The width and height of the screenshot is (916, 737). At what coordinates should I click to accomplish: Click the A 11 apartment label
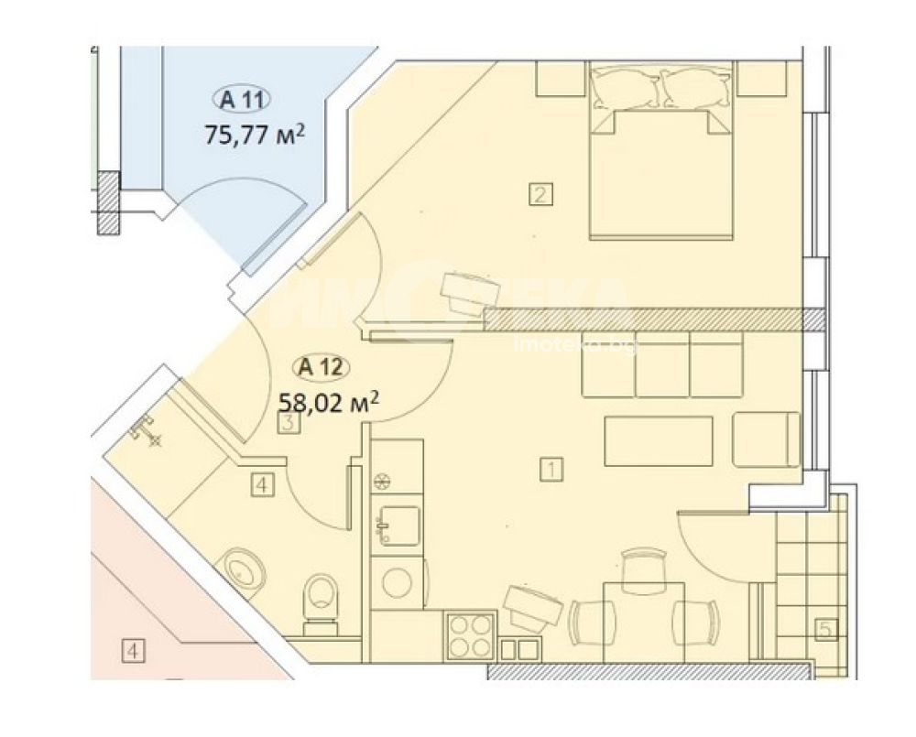[x=241, y=100]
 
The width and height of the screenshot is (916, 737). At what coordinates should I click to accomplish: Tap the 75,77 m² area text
[x=255, y=135]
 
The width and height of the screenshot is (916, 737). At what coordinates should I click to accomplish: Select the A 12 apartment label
[x=321, y=368]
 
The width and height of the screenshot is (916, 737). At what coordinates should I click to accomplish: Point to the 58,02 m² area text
[x=329, y=402]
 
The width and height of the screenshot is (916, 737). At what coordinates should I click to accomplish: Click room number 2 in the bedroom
[x=540, y=194]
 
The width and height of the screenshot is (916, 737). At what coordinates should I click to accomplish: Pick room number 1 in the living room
[x=552, y=470]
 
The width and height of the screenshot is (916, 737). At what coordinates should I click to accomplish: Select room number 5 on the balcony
[x=826, y=630]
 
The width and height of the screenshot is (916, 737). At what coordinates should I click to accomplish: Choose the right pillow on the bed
[x=696, y=89]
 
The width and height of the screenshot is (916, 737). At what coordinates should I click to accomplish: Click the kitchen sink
[x=399, y=526]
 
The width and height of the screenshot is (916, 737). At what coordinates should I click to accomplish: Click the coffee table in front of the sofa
[x=659, y=441]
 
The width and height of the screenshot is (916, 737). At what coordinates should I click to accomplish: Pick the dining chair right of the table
[x=695, y=623]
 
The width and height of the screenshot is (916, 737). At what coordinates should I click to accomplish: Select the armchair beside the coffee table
[x=765, y=439]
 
